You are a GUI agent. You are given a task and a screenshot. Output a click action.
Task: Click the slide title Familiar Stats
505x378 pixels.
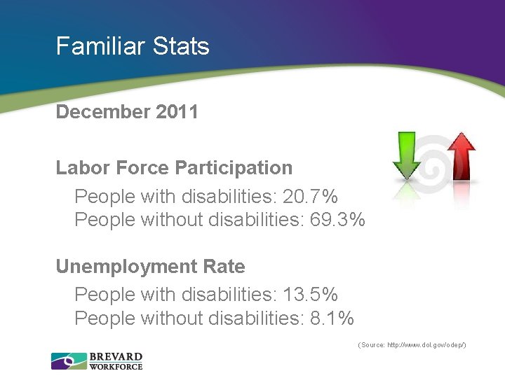coord(133,46)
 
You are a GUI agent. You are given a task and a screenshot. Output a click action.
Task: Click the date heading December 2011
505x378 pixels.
coord(127,112)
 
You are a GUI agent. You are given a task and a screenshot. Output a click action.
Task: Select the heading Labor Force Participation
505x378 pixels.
coord(174,168)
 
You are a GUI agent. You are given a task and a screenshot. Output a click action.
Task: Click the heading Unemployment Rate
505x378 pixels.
coord(151,267)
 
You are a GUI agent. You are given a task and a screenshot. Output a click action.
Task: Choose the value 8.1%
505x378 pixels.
coord(332,318)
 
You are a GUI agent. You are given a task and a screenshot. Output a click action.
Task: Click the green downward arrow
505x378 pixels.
coord(407,155)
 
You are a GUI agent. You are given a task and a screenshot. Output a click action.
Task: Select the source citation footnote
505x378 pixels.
coord(412,345)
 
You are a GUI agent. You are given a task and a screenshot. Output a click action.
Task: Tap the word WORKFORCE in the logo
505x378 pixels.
coord(116,366)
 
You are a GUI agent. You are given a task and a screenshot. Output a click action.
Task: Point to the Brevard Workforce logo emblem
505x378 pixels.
coord(68,361)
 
